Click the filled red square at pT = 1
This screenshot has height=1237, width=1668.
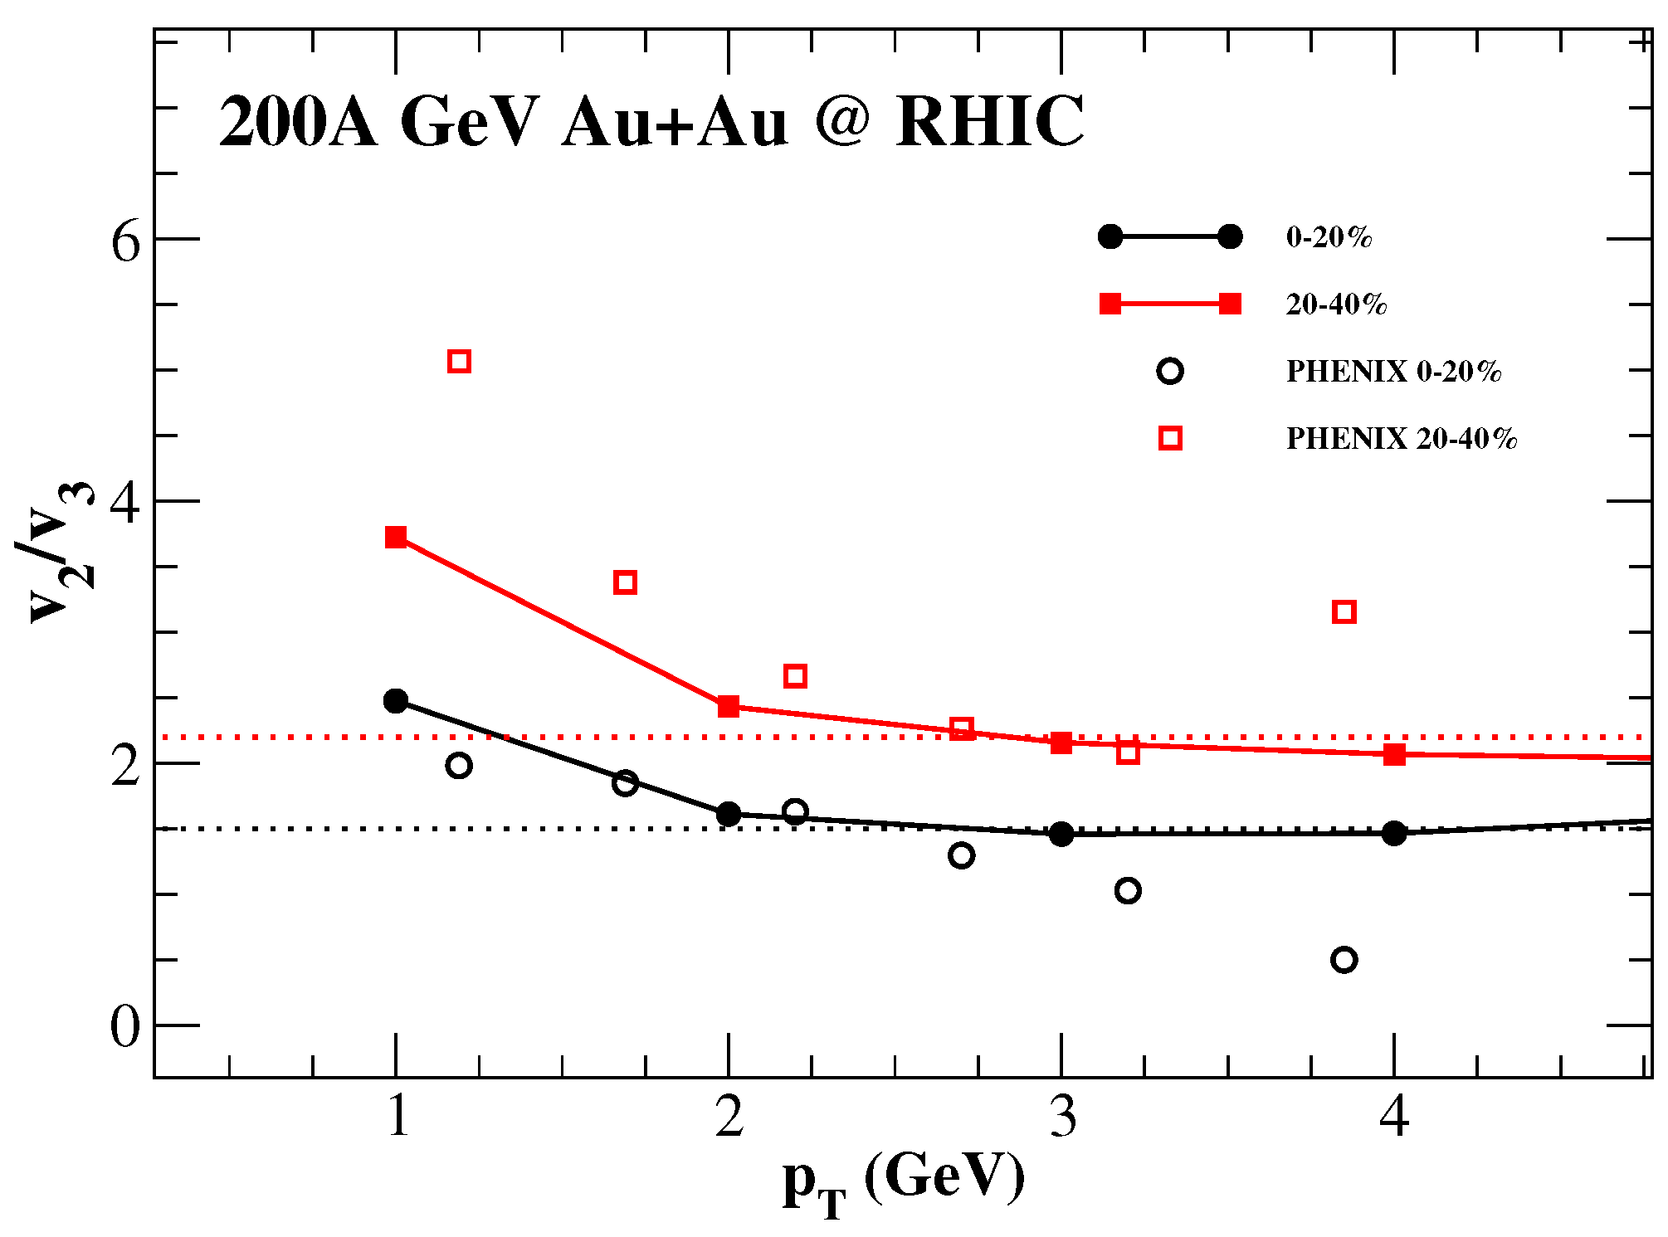point(396,537)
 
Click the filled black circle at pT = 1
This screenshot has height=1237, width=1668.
point(396,701)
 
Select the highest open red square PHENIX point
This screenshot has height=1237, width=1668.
point(459,361)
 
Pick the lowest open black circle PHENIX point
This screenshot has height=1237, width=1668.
point(1344,960)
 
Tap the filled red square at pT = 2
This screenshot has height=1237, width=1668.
point(729,706)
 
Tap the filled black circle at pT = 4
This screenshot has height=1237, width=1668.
point(1394,833)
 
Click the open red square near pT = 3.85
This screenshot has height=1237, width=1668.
point(1344,612)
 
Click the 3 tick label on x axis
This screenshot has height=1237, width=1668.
point(1062,1116)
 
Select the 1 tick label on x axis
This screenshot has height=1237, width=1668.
point(397,1116)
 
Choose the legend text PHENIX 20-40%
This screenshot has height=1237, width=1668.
point(1401,438)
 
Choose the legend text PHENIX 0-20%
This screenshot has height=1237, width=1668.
point(1393,371)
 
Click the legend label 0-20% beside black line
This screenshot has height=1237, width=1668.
point(1329,237)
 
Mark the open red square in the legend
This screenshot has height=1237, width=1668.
point(1170,438)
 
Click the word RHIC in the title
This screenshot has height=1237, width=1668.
point(989,121)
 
